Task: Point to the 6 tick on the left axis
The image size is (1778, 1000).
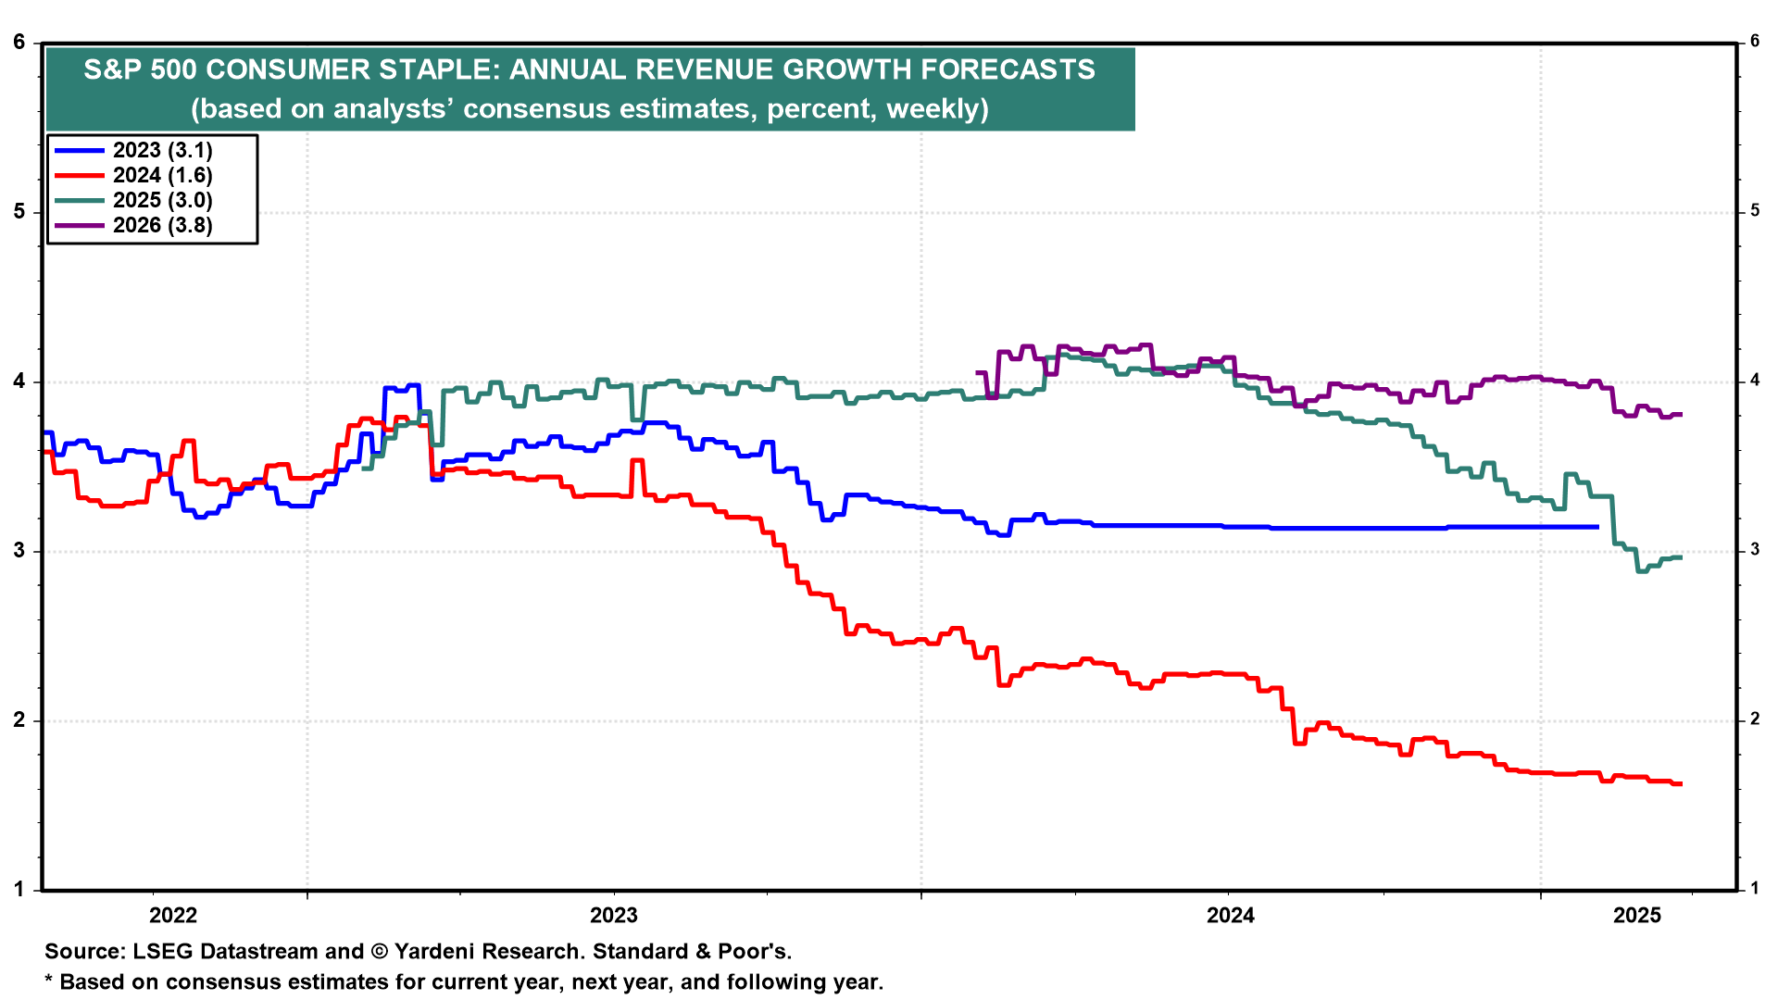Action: (19, 42)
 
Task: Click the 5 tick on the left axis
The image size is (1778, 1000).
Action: (19, 212)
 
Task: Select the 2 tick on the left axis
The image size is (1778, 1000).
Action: (19, 720)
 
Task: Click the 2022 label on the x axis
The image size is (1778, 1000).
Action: (173, 916)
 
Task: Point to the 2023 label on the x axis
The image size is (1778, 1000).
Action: (614, 916)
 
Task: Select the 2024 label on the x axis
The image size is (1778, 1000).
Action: (1231, 916)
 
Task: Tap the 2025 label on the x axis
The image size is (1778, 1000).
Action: (1637, 916)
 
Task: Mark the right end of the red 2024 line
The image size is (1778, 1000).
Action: (1680, 784)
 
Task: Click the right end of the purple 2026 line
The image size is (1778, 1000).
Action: (1680, 414)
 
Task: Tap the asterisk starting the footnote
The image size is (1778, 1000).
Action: (49, 981)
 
